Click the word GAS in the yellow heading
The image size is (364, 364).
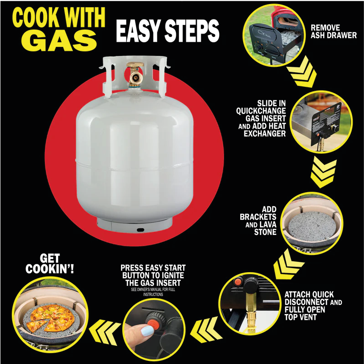[x=59, y=41]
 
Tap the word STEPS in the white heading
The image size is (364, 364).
[x=192, y=31]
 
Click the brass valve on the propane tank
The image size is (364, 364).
[x=135, y=74]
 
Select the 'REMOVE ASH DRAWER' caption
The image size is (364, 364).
[x=334, y=31]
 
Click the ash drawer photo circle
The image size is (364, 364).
[x=274, y=35]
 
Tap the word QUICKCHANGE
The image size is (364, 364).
[x=261, y=111]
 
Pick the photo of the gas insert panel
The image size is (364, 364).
[x=321, y=122]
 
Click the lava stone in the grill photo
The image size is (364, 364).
[x=312, y=226]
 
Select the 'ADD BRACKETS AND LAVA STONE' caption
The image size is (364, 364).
[x=258, y=221]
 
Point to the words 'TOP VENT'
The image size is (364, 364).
[x=301, y=317]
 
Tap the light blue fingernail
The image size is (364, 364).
[x=147, y=330]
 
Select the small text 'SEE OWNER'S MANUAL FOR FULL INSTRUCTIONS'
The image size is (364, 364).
[x=153, y=292]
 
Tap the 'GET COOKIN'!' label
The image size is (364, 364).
[x=50, y=264]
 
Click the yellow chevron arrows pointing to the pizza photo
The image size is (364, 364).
[x=105, y=332]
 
